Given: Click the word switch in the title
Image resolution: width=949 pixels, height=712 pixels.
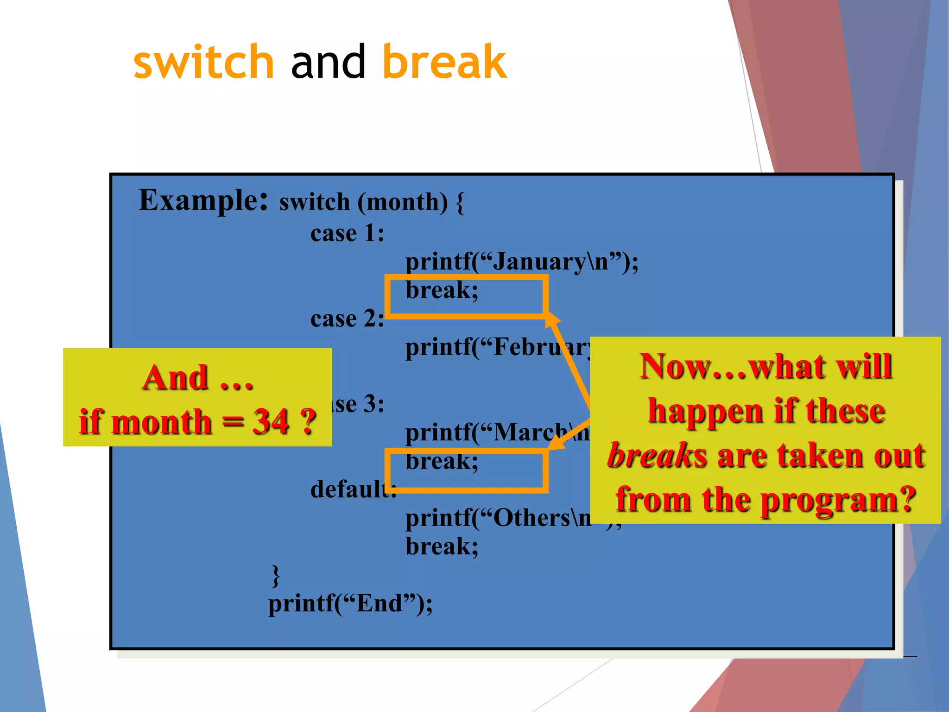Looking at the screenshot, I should pyautogui.click(x=203, y=62).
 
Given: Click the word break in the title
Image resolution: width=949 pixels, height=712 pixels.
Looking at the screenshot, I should pyautogui.click(x=444, y=62).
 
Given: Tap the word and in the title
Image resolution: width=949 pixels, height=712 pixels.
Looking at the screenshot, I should pyautogui.click(x=329, y=62).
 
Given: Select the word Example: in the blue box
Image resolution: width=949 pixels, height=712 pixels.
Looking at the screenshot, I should pyautogui.click(x=203, y=201).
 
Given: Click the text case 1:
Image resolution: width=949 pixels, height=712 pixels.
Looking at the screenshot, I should pyautogui.click(x=347, y=233).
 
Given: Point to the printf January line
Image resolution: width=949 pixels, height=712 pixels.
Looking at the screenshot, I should pyautogui.click(x=521, y=262).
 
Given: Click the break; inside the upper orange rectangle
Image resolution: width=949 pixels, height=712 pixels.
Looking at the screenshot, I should pyautogui.click(x=442, y=291).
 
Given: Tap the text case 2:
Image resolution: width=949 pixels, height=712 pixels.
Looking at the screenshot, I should pyautogui.click(x=347, y=319).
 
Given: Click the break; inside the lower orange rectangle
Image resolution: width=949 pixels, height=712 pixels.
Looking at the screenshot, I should pyautogui.click(x=442, y=462).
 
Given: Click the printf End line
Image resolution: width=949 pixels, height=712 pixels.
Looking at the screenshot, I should pyautogui.click(x=350, y=604).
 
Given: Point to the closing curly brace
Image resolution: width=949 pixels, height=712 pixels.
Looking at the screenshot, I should pyautogui.click(x=276, y=576).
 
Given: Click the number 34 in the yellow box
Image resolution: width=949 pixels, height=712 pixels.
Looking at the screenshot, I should pyautogui.click(x=270, y=422).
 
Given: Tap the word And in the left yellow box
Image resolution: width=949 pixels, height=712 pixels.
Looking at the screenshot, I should pyautogui.click(x=175, y=378).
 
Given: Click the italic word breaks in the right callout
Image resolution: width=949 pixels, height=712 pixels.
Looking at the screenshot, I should pyautogui.click(x=657, y=456).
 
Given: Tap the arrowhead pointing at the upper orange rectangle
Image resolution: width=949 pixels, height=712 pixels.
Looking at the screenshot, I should pyautogui.click(x=552, y=319).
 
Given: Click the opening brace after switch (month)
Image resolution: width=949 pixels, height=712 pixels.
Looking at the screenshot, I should pyautogui.click(x=459, y=203).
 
